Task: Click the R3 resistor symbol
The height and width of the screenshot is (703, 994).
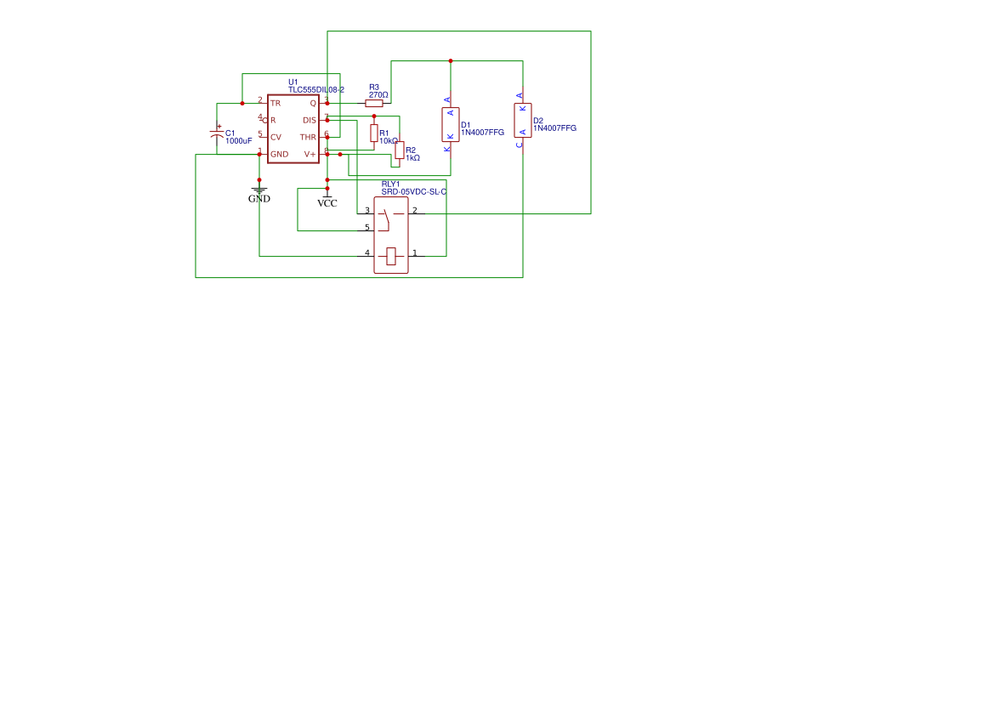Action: [x=374, y=103]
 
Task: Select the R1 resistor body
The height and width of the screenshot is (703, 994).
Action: [x=374, y=133]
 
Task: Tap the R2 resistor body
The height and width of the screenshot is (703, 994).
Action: [x=400, y=150]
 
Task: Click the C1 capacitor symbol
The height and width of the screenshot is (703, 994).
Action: [x=217, y=135]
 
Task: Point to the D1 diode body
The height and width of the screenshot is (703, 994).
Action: [x=451, y=124]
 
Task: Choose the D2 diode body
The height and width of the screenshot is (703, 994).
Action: [x=523, y=120]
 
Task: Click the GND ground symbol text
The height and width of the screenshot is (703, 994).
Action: [x=259, y=199]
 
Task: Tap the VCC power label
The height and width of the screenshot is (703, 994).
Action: [x=327, y=203]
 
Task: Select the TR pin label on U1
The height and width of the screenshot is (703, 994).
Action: [x=275, y=103]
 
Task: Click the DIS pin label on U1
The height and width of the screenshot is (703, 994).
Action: [x=310, y=120]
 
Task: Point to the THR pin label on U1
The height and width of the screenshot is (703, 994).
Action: [x=308, y=137]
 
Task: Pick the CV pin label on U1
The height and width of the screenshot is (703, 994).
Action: [x=275, y=137]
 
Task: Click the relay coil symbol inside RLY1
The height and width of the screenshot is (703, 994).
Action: [x=391, y=255]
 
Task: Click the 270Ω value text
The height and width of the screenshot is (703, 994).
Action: [x=378, y=95]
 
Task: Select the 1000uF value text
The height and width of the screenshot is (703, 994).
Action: [x=239, y=141]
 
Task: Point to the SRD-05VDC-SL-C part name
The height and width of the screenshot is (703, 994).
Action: [x=414, y=192]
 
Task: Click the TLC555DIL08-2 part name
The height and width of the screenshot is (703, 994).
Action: [x=316, y=89]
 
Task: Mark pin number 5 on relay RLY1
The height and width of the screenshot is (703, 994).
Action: [x=367, y=227]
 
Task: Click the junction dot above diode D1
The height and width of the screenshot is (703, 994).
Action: [x=451, y=61]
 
